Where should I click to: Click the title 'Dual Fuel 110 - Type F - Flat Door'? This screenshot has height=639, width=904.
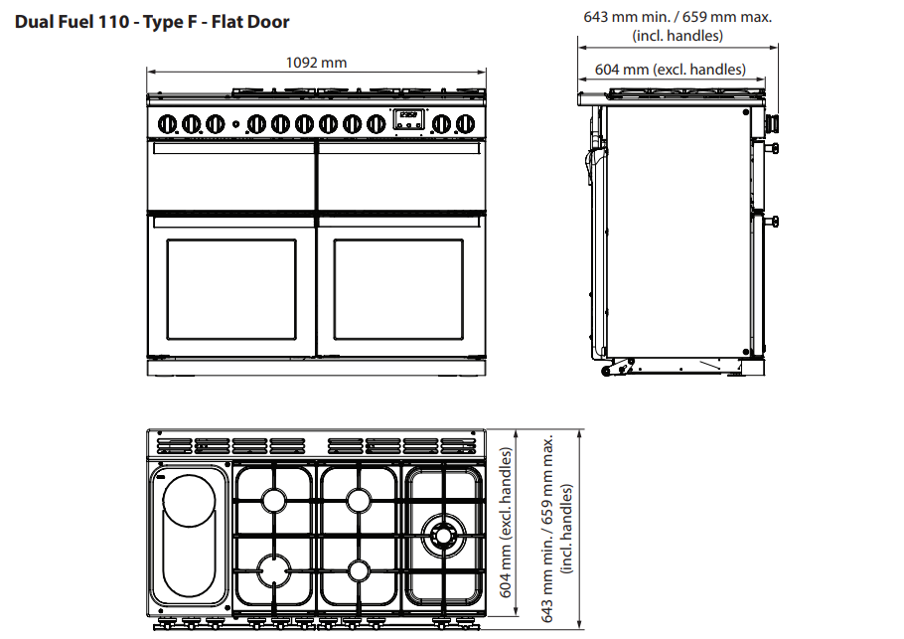152,22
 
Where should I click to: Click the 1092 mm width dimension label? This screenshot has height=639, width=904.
316,63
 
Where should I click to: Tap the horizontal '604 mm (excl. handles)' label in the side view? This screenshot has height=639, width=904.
670,70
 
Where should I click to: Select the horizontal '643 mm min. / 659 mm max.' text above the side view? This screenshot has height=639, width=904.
678,17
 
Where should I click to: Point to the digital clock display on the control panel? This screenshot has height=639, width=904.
408,119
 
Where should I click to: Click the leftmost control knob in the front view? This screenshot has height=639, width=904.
167,123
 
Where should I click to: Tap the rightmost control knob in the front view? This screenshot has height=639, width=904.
465,123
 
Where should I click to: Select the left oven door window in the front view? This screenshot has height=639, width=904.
231,289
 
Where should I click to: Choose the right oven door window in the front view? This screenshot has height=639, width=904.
398,289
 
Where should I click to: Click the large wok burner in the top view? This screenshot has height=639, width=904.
443,536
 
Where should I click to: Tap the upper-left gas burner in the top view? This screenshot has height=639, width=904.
274,500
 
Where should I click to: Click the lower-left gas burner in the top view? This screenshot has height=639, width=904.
274,570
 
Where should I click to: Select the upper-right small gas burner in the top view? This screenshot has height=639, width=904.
359,500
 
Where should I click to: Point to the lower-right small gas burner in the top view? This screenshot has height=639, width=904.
359,571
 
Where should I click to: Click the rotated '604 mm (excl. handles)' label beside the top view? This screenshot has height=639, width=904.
506,523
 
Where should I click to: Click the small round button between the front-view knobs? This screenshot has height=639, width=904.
235,124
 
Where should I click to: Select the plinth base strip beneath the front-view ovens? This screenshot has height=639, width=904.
317,368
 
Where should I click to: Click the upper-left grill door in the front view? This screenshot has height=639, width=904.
231,176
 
